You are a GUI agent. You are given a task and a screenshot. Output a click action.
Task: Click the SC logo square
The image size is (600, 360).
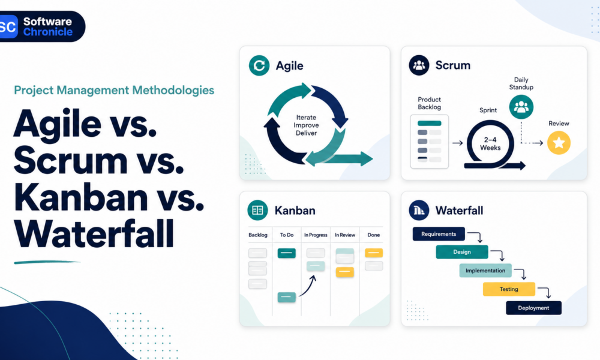[x=8, y=27]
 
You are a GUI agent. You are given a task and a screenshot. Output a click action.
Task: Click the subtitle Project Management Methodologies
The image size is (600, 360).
[x=114, y=90]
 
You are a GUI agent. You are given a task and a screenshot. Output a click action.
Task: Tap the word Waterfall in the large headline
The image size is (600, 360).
[x=94, y=234]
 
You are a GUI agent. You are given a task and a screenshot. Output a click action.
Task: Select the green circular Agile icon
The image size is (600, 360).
[x=259, y=65]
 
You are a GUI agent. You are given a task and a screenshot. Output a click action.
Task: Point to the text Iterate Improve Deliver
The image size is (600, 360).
[x=306, y=125]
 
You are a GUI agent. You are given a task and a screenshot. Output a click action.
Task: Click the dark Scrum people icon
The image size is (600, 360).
[x=419, y=65]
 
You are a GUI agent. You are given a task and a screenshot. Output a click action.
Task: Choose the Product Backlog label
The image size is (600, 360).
[x=430, y=103]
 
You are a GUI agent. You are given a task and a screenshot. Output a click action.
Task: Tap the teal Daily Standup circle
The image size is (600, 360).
[x=521, y=107]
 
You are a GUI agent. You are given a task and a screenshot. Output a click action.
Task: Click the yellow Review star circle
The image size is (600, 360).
[x=559, y=143]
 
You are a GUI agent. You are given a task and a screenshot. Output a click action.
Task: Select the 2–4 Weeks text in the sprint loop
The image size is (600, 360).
[x=490, y=144]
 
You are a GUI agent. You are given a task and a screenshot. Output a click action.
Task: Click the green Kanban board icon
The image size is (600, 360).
[x=257, y=210]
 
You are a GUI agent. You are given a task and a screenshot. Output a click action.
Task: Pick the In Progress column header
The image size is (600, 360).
[x=316, y=235]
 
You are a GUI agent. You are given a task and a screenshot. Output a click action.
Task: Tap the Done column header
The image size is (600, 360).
[x=374, y=235]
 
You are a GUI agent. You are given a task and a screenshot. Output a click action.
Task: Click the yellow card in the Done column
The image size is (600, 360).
[x=374, y=253]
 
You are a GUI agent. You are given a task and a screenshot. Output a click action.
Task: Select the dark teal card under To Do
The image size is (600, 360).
[x=287, y=253]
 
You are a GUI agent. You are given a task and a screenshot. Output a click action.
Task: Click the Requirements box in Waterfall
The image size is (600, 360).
[x=439, y=234]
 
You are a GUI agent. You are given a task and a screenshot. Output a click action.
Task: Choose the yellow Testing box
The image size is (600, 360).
[x=509, y=289]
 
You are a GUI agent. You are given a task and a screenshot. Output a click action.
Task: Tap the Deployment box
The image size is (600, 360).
[x=534, y=308]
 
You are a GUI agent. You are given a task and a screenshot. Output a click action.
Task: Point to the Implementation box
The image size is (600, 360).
[x=485, y=271]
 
